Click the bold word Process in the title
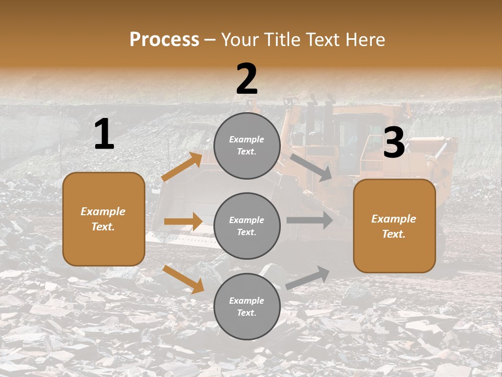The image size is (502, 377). (164, 39)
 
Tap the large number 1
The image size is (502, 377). (104, 135)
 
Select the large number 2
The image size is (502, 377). (247, 79)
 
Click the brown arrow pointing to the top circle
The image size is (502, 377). (182, 167)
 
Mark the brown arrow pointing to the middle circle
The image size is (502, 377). (183, 221)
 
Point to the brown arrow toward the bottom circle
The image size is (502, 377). (184, 279)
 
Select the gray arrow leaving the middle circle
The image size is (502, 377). (310, 220)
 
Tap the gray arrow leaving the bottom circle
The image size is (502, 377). (308, 278)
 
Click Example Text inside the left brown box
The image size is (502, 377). (103, 219)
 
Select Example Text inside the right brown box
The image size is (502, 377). (394, 226)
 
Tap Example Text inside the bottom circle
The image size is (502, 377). (246, 306)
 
